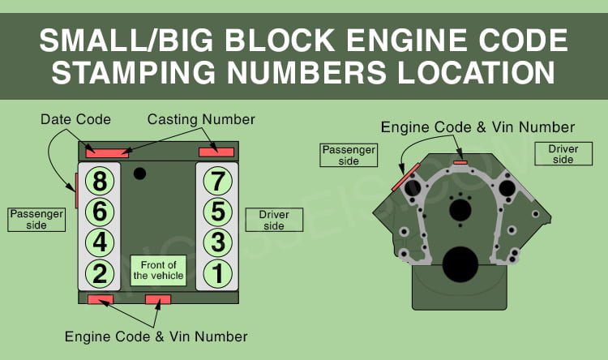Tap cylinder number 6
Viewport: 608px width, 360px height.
99,212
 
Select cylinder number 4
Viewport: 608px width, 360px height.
99,242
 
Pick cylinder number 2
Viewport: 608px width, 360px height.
99,273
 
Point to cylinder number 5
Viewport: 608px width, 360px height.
217,212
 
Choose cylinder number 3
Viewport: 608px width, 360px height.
217,242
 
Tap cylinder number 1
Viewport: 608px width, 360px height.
217,273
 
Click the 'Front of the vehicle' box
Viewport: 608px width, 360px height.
159,269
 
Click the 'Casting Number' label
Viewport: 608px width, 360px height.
201,120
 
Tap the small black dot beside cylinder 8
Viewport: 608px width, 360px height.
139,172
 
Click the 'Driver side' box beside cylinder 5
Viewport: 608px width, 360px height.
274,220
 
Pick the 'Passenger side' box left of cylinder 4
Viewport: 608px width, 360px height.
36,219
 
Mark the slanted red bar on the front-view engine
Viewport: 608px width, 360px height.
405,176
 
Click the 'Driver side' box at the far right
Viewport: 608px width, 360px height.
563,154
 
